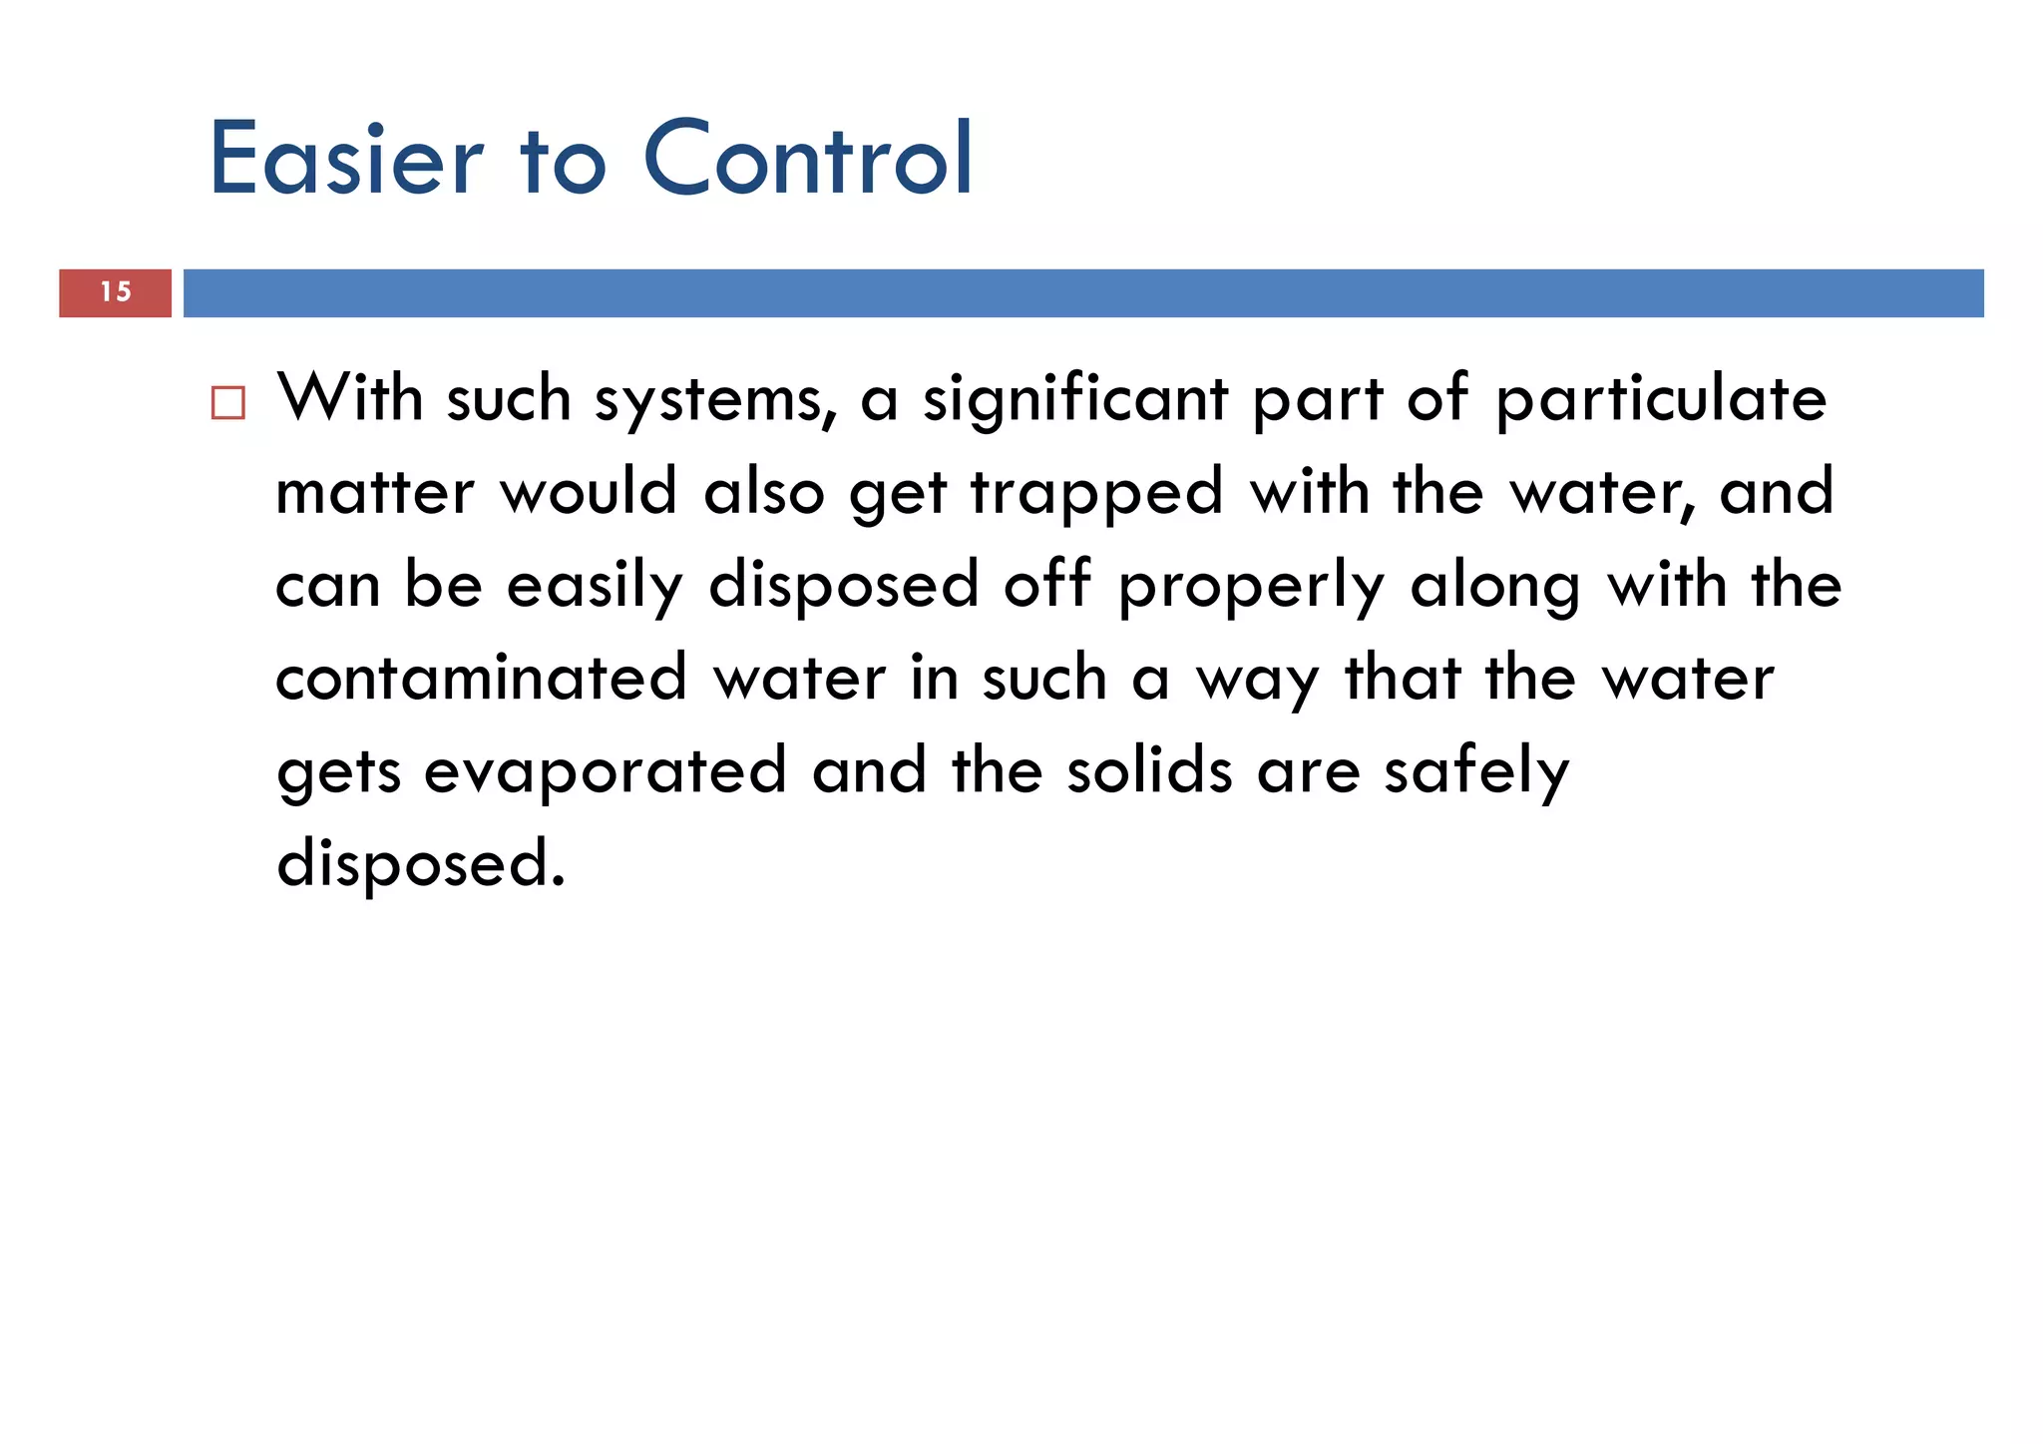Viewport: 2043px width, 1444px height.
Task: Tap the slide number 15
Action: pos(116,292)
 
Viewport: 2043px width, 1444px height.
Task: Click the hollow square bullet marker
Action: pos(228,403)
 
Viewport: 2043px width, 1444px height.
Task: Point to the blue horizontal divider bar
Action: pos(1082,293)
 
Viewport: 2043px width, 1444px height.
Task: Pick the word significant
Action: pos(1075,399)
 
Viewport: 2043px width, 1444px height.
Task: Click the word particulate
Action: pos(1661,399)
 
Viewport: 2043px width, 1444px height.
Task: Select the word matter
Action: pos(375,492)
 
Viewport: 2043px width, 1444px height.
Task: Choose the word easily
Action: pos(596,586)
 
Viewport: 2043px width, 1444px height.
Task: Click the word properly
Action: pos(1251,587)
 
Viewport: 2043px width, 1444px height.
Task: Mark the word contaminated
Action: pos(482,678)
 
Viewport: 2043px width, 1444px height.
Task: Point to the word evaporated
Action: pos(606,771)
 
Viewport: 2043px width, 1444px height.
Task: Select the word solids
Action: pos(1149,770)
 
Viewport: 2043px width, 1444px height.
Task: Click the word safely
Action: pos(1476,772)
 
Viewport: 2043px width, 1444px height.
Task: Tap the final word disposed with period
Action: pos(421,863)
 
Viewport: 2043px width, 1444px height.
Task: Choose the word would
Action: pos(589,491)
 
